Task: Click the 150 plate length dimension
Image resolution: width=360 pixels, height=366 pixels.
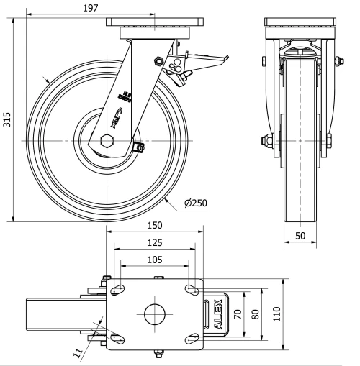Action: tap(155, 225)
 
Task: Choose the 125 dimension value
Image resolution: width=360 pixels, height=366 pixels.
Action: tap(155, 242)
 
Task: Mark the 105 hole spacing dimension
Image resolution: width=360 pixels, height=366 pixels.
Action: tap(155, 259)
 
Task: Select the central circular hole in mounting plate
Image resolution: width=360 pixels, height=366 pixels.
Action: tap(155, 314)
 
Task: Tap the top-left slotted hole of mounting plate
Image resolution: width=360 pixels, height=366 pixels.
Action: tap(116, 289)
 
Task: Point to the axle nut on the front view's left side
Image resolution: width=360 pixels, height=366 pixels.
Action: tap(264, 139)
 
